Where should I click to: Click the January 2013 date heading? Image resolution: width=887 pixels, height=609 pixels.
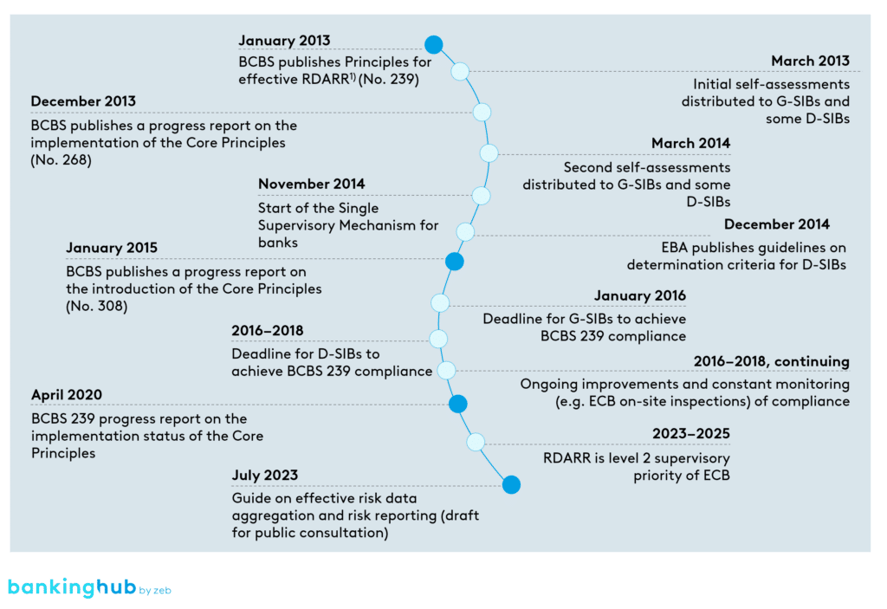[x=283, y=41]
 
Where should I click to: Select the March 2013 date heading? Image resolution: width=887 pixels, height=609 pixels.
[x=810, y=61]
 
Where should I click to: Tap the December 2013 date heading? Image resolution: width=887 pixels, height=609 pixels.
[x=83, y=101]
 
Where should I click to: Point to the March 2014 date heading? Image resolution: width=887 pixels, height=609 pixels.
[x=690, y=143]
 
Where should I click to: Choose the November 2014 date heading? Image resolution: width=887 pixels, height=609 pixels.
[x=311, y=184]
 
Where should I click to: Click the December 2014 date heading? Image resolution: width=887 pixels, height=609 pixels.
[x=777, y=224]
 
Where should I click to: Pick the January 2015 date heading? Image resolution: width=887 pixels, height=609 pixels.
[x=112, y=249]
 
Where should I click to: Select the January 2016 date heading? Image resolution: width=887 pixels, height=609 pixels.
[x=640, y=295]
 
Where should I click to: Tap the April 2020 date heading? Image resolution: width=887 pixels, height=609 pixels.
[x=66, y=394]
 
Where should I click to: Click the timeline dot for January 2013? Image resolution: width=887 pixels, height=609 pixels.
[x=434, y=44]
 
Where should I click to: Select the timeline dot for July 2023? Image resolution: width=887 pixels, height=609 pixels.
[x=511, y=485]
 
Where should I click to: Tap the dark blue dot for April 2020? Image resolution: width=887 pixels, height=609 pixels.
[x=457, y=404]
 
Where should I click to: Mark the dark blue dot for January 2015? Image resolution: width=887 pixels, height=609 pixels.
[x=454, y=261]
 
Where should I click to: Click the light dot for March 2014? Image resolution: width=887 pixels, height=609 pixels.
[x=489, y=153]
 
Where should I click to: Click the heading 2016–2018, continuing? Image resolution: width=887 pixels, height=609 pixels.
[x=771, y=361]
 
